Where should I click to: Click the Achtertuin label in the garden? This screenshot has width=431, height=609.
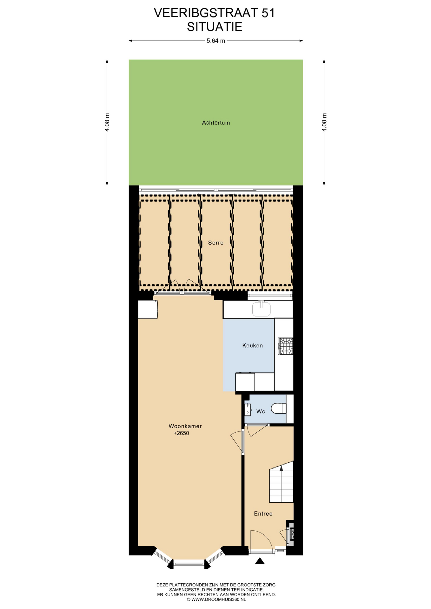[x=216, y=123]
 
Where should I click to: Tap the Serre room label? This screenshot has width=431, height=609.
[x=216, y=243]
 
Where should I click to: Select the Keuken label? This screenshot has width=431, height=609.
[x=252, y=345]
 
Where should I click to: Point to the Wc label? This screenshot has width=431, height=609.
[x=261, y=411]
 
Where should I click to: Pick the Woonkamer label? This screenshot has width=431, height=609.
[x=185, y=426]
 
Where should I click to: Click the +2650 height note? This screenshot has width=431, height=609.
[x=181, y=433]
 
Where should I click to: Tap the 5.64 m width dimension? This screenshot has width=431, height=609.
[x=216, y=41]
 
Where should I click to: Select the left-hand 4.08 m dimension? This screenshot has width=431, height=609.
[x=107, y=122]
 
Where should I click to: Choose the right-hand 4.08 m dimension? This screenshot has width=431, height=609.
[x=324, y=122]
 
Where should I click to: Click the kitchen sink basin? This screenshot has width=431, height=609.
[x=261, y=309]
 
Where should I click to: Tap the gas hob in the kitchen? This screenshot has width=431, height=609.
[x=285, y=346]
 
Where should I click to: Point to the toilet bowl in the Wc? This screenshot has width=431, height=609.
[x=279, y=408]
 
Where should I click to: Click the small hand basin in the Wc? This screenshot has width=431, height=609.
[x=248, y=409]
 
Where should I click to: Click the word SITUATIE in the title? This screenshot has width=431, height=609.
[x=215, y=27]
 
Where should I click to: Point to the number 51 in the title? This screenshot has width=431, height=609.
[x=268, y=13]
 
